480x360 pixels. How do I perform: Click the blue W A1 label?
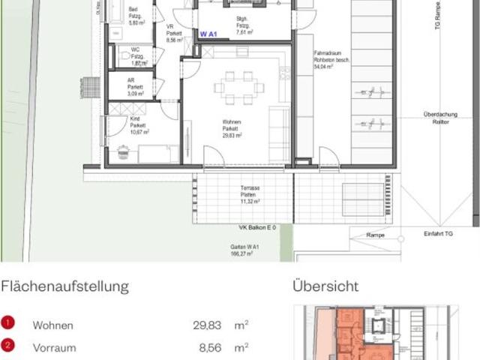click(208, 34)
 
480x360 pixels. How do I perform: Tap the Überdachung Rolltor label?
click(436, 118)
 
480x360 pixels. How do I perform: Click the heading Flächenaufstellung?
click(64, 286)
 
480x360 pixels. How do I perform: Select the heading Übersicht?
click(325, 286)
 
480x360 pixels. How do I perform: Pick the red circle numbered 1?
click(7, 324)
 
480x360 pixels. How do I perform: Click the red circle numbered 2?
click(7, 346)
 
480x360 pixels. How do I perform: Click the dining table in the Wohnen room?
click(239, 87)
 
